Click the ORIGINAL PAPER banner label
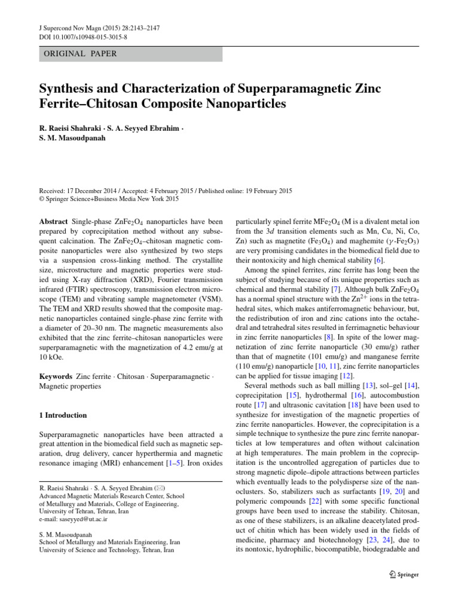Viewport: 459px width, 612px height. [79, 54]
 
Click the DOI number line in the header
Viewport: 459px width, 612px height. [78, 38]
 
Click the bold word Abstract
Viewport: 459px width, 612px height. [53, 221]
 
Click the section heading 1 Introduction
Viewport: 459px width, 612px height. [63, 415]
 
